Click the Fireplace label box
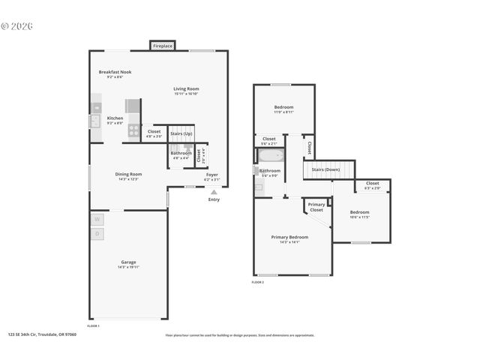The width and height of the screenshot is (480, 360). [x=163, y=46]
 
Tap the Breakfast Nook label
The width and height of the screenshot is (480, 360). [x=115, y=72]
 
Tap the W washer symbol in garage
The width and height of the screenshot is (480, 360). [x=97, y=220]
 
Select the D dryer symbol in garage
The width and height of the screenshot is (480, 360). [x=97, y=234]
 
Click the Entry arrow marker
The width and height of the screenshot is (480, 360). [x=214, y=193]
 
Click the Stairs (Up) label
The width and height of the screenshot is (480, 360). [x=181, y=133]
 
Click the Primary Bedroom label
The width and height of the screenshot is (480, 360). [x=289, y=237]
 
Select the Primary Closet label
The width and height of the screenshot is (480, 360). [x=316, y=207]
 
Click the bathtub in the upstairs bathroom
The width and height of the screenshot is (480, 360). [x=270, y=156]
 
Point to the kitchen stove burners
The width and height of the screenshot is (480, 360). [x=133, y=131]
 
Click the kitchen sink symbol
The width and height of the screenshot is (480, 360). [x=95, y=120]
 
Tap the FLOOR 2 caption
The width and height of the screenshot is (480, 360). [x=258, y=282]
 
